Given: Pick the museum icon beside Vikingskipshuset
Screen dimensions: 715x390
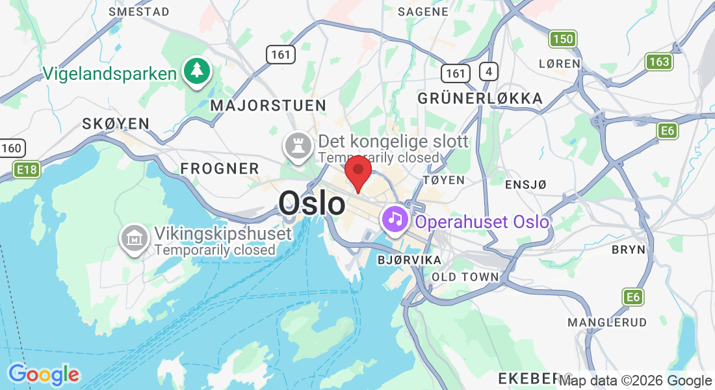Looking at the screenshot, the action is coord(135,239).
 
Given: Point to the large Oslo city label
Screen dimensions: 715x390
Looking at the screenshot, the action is coord(312,203).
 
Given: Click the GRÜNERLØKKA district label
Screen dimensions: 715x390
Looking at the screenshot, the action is coord(480,98).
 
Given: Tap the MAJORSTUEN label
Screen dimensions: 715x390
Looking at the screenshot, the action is coord(268,105).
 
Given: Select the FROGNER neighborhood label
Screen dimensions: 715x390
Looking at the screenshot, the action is coord(220,168).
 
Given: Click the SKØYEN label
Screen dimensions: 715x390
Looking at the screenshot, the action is coord(116,123).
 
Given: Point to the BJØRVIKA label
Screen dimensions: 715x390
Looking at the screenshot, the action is coord(409,260).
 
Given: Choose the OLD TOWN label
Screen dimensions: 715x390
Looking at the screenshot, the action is coord(465,277).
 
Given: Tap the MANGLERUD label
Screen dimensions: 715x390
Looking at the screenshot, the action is coord(607,322).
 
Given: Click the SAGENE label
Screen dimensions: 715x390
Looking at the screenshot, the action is coord(423,11).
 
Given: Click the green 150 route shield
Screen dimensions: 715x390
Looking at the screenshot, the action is coord(563,39).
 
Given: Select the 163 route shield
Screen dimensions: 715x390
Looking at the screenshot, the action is coord(659,62).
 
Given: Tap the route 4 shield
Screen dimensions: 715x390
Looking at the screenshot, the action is coord(487,71).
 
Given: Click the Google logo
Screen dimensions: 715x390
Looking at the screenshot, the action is coord(44,374).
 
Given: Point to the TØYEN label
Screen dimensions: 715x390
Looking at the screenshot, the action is coord(443,179).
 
